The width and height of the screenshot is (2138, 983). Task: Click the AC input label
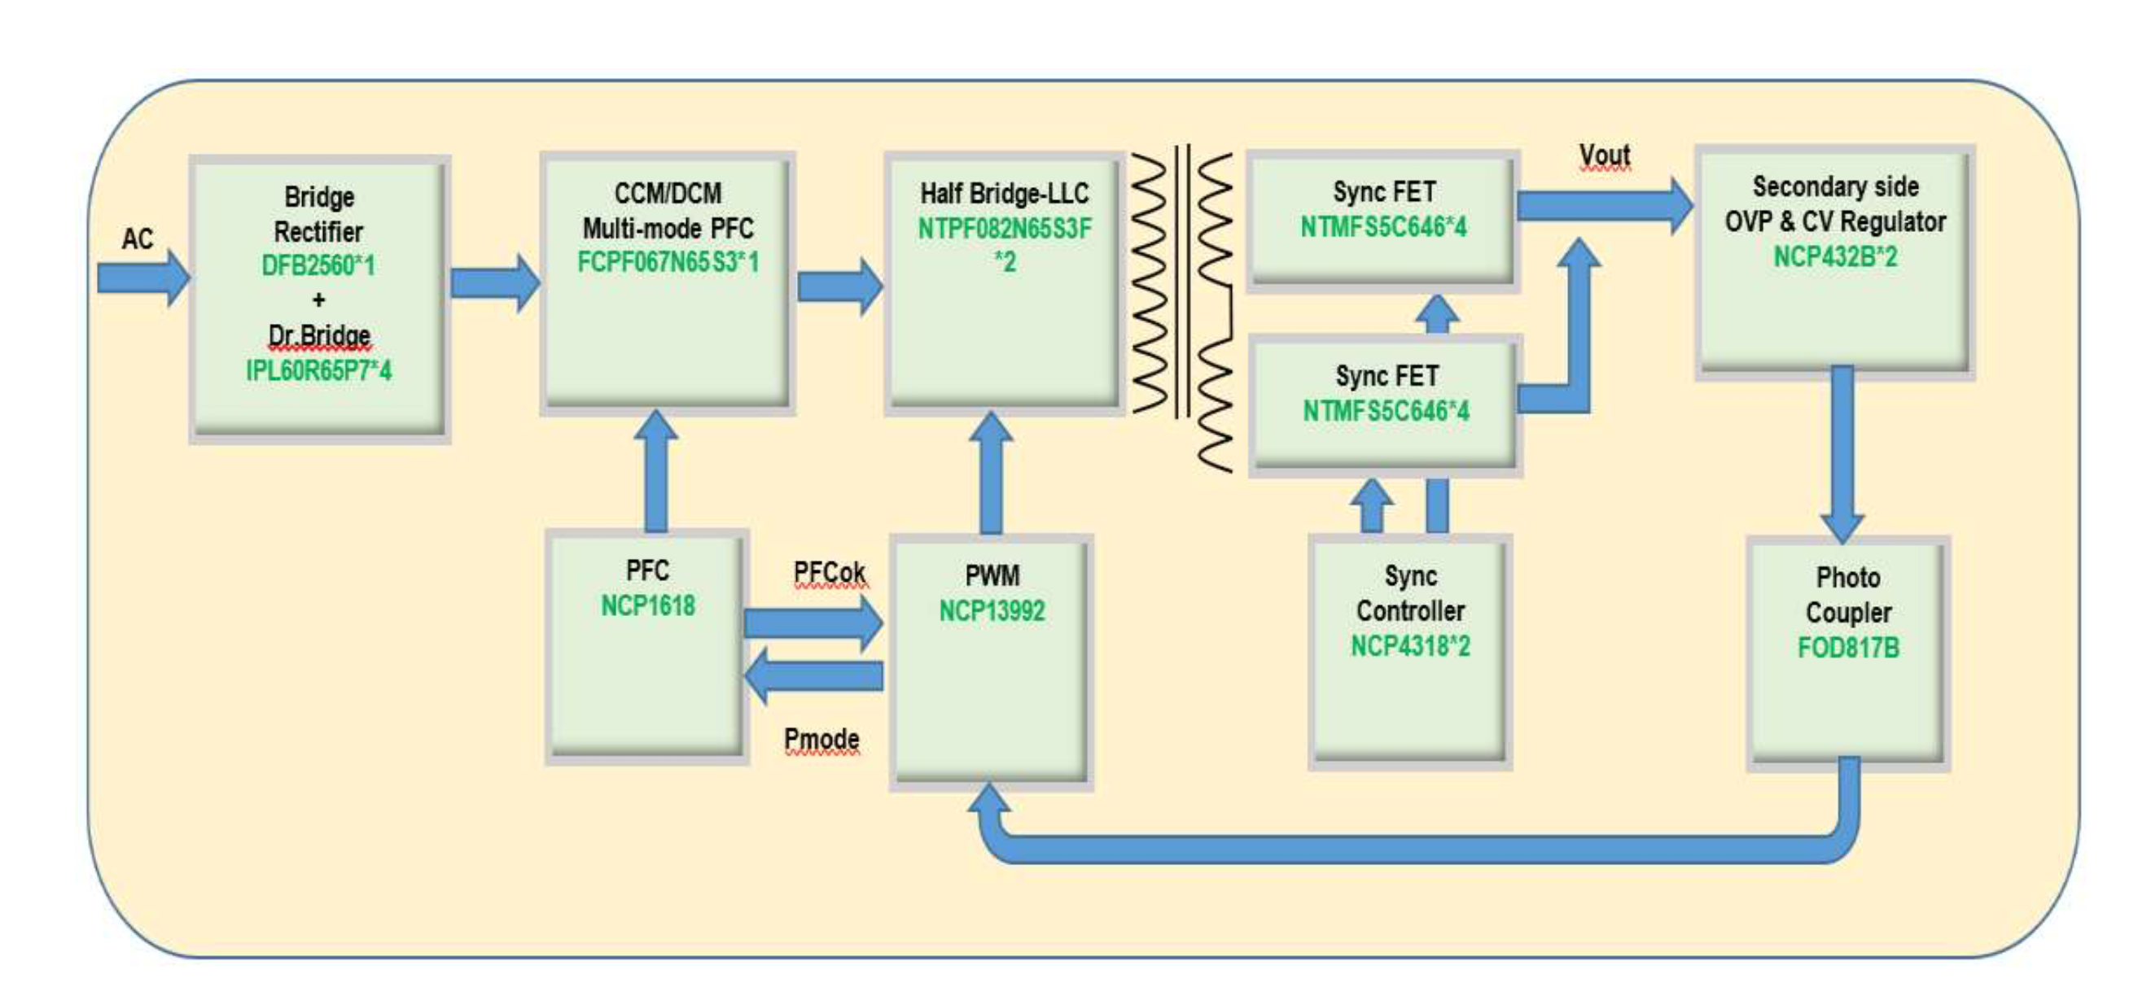(x=138, y=239)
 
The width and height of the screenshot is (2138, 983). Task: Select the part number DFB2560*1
(x=318, y=265)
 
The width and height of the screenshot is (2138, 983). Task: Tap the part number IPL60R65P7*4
(x=318, y=370)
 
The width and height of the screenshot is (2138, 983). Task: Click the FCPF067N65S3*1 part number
(x=668, y=263)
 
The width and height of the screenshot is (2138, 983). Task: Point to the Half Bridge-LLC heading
(x=1004, y=194)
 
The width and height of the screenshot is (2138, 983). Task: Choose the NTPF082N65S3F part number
(x=1004, y=229)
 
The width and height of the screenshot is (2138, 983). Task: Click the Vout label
(x=1604, y=155)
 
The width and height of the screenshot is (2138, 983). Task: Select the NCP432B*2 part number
(x=1835, y=257)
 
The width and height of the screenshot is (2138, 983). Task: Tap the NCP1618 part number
(x=647, y=606)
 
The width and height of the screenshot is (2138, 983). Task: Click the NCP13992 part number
(x=992, y=611)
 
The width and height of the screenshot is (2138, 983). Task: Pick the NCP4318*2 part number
(x=1410, y=646)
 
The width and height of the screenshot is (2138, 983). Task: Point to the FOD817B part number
(x=1848, y=648)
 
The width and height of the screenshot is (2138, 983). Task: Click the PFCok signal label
(x=828, y=572)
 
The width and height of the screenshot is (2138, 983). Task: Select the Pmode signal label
(x=821, y=739)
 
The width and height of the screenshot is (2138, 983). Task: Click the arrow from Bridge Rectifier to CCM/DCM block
(x=495, y=283)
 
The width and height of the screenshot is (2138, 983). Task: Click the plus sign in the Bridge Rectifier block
(x=318, y=300)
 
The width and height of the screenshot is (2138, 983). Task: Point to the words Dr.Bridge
(x=318, y=335)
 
